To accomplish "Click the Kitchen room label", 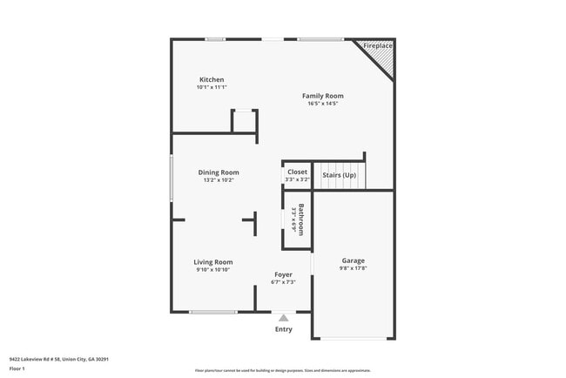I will pyautogui.click(x=212, y=79).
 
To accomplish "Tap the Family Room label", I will pyautogui.click(x=322, y=96).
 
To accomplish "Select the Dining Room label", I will pyautogui.click(x=219, y=172).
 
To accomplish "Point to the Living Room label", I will pyautogui.click(x=212, y=262).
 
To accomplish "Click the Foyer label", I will pyautogui.click(x=283, y=274).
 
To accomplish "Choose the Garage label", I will pyautogui.click(x=353, y=260).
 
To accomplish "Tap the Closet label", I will pyautogui.click(x=297, y=172).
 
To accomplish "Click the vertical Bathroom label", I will pyautogui.click(x=301, y=219).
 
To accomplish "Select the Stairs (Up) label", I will pyautogui.click(x=339, y=175).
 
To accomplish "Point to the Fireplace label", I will pyautogui.click(x=378, y=45).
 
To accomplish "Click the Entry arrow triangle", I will pyautogui.click(x=284, y=318).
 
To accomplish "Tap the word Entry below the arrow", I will pyautogui.click(x=284, y=329).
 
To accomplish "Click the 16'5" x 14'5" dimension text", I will pyautogui.click(x=322, y=104).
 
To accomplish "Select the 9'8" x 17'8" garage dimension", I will pyautogui.click(x=353, y=268).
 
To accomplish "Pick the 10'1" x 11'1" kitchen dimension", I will pyautogui.click(x=212, y=87).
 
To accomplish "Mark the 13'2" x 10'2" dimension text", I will pyautogui.click(x=219, y=180).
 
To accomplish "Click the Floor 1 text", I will pyautogui.click(x=17, y=369).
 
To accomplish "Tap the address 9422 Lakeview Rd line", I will pyautogui.click(x=59, y=359).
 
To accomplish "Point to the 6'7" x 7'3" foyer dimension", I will pyautogui.click(x=283, y=282).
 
